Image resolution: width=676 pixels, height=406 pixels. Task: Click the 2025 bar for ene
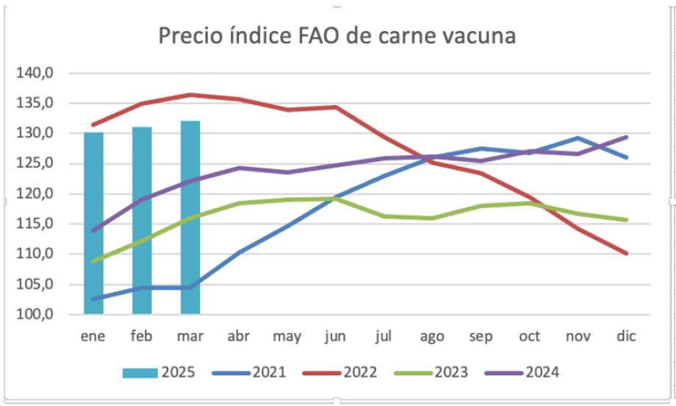tap(93, 221)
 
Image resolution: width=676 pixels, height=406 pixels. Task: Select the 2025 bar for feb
tap(142, 221)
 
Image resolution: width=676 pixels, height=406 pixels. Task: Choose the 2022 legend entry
tap(341, 371)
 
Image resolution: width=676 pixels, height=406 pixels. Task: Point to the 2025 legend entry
tap(159, 371)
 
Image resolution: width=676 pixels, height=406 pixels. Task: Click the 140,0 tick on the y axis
tap(41, 73)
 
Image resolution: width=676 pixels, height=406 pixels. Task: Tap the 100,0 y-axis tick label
tap(41, 315)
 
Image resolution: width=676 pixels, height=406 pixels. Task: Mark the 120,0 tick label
tap(41, 193)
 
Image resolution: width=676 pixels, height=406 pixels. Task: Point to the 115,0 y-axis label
tap(41, 224)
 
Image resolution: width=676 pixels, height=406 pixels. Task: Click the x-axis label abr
tap(238, 336)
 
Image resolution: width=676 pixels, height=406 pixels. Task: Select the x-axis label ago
tap(432, 337)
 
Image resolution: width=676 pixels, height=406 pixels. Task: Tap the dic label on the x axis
tap(626, 336)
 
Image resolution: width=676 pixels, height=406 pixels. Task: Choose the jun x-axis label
tap(335, 337)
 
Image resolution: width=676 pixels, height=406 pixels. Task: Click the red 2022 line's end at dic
tap(626, 253)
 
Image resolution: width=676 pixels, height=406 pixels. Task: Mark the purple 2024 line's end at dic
tap(626, 137)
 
